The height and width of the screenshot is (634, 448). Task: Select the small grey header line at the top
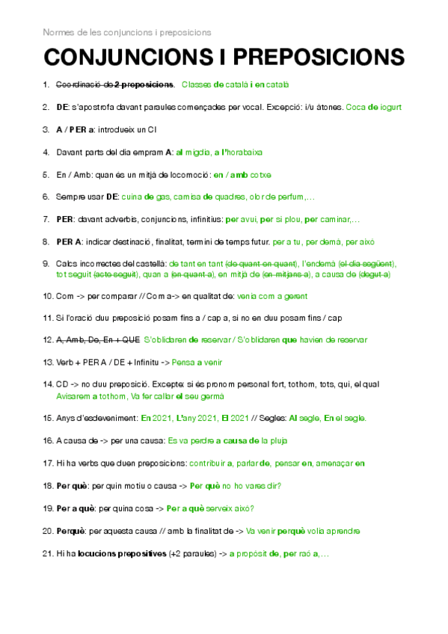(x=126, y=32)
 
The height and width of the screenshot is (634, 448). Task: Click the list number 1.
(x=46, y=85)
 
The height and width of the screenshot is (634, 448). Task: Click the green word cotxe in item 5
(x=260, y=175)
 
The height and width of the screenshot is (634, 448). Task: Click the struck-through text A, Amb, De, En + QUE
(x=98, y=340)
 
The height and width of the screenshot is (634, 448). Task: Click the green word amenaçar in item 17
(x=335, y=464)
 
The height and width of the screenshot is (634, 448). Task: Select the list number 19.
(x=47, y=509)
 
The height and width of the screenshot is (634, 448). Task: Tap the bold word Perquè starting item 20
(x=70, y=532)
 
